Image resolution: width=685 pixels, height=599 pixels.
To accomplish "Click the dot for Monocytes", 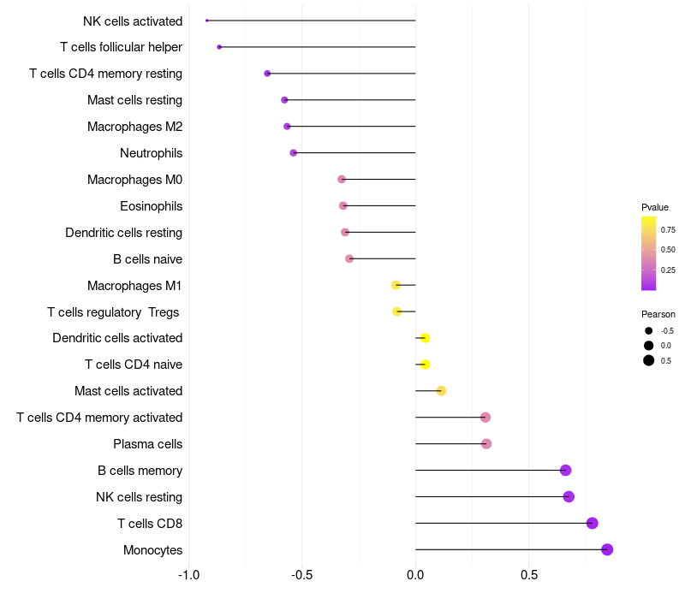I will point(607,549).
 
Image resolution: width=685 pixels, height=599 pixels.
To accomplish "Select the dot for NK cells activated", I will point(207,21).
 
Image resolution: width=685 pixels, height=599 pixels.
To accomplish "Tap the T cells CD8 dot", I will point(592,523).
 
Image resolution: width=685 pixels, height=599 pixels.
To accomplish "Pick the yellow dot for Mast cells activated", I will point(441,391).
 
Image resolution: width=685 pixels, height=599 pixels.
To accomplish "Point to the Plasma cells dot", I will point(486,444).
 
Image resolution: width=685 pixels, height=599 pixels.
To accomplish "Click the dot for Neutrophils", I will point(293,153).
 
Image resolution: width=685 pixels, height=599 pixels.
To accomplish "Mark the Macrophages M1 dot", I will point(396,285).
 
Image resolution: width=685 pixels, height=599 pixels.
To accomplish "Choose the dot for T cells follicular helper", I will point(219,47).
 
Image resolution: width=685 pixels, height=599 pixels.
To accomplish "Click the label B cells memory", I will point(140,471).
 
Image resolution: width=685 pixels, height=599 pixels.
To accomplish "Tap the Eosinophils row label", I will point(151,206).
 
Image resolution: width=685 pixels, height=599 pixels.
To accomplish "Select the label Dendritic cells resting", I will point(123,233).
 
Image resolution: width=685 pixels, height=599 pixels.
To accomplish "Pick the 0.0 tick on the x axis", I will point(415,574).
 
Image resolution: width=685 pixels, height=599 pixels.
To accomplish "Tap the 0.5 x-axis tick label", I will point(529,574).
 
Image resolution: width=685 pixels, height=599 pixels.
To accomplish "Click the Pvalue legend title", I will point(655,207).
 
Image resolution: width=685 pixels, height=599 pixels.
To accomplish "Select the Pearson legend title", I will point(658,314).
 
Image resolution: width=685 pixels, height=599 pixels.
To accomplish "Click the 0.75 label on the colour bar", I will point(668,229).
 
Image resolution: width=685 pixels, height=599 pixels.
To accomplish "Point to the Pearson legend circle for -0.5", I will point(649,330).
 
